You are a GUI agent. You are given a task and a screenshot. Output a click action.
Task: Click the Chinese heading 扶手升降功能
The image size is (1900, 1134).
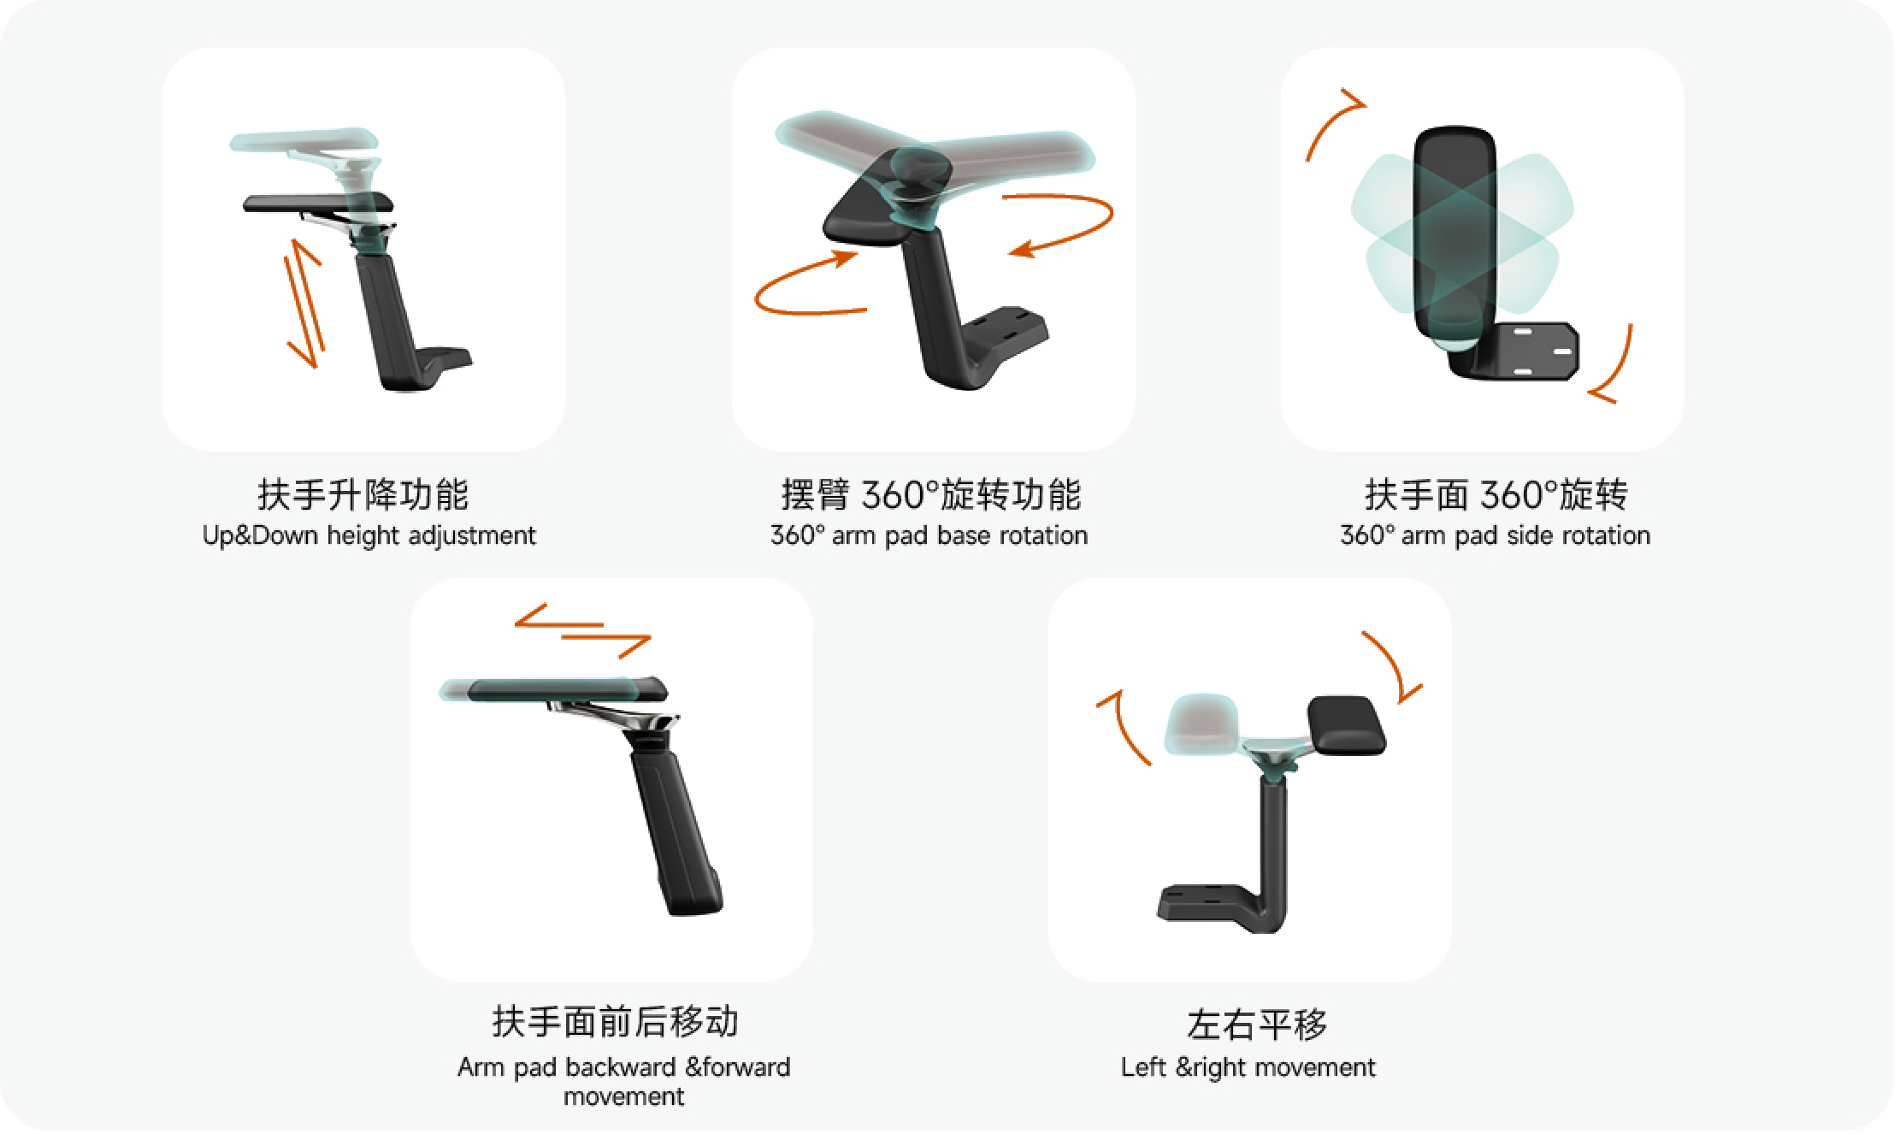(x=363, y=494)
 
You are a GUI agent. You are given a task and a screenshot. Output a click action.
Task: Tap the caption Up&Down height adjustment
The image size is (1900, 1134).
(x=369, y=535)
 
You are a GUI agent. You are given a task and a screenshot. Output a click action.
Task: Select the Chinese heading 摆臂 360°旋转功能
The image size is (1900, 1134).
(x=931, y=494)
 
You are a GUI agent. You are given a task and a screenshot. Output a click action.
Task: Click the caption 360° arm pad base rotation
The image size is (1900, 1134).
(x=929, y=535)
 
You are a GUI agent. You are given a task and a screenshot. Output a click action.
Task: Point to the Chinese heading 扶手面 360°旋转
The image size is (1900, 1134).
(x=1496, y=494)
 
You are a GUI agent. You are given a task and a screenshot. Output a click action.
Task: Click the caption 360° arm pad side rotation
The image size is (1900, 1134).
(x=1495, y=535)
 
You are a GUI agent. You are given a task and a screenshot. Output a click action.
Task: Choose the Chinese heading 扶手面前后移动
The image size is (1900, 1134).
(x=615, y=1021)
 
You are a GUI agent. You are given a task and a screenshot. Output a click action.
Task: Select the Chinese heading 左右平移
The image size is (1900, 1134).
(x=1257, y=1025)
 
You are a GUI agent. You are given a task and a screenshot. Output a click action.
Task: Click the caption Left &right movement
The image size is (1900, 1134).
(x=1248, y=1067)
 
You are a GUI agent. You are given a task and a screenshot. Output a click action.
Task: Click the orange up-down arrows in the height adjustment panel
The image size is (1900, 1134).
(x=304, y=303)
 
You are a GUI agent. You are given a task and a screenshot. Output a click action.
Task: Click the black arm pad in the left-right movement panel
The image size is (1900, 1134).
(x=1346, y=725)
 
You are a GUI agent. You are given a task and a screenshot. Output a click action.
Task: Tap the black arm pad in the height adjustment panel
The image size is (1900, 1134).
(x=318, y=204)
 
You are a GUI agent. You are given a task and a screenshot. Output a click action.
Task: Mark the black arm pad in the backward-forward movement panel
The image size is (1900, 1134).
(x=567, y=689)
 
